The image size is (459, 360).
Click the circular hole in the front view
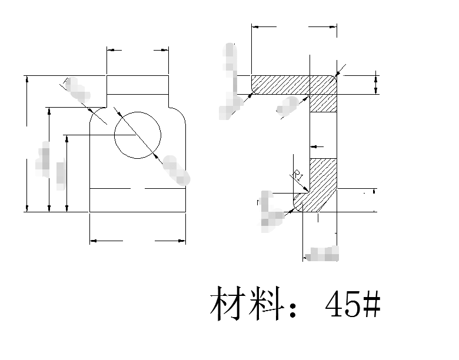click(x=137, y=134)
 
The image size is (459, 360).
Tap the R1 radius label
click(x=298, y=175)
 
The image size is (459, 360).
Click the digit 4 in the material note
click(x=334, y=304)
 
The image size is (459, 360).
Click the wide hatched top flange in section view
click(x=294, y=84)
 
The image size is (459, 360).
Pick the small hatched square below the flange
click(x=324, y=103)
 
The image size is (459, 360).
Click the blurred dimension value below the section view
click(x=323, y=254)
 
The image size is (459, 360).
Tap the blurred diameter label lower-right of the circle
click(x=176, y=170)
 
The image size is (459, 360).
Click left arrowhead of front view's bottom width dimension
click(x=92, y=241)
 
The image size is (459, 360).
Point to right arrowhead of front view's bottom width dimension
click(x=182, y=241)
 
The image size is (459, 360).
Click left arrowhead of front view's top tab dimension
click(x=109, y=51)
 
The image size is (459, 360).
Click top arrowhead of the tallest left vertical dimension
click(x=27, y=79)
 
